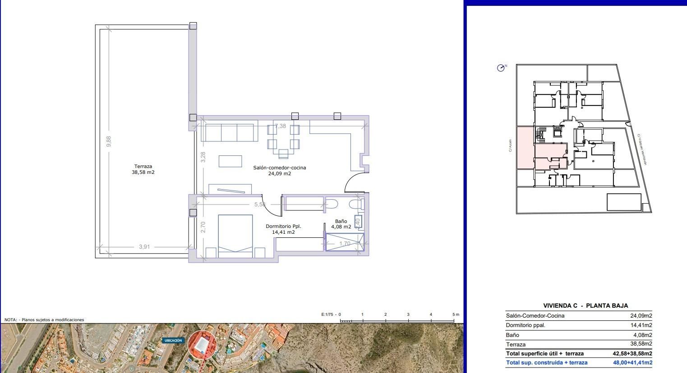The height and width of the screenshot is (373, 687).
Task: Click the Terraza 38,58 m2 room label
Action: coord(143,169)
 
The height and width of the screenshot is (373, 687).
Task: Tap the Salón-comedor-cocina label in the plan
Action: coord(279,170)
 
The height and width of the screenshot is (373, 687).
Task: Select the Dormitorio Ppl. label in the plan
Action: coord(283,229)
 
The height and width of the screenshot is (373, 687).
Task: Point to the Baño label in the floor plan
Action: coord(341,221)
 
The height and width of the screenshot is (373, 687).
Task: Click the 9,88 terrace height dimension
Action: coord(108,141)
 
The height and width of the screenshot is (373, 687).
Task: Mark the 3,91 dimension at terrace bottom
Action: coord(144,246)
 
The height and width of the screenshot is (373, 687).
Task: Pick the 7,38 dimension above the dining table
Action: coord(281,126)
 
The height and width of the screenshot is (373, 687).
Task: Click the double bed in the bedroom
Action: coord(235,236)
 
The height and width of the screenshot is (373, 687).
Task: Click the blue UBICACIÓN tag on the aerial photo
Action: coord(173,341)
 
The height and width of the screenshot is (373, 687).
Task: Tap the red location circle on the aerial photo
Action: coord(202,345)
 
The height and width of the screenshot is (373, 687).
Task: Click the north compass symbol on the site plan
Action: coord(501,68)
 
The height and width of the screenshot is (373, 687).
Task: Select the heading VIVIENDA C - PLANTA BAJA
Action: coord(586,305)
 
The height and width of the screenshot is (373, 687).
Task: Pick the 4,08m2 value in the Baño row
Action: coord(642,335)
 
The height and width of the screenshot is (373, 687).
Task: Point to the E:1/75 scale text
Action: coord(327,314)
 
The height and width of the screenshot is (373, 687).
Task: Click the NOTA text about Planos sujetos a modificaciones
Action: coord(44,319)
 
